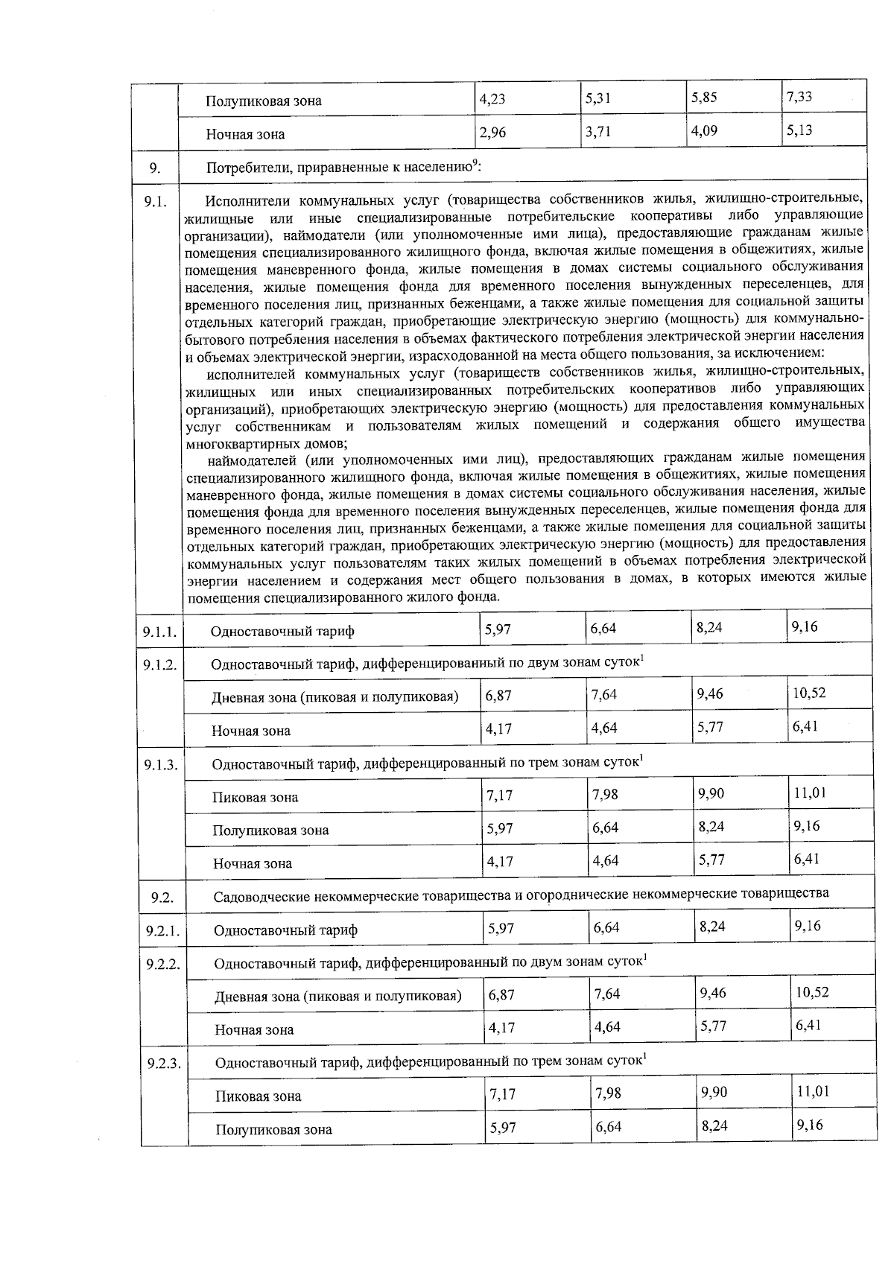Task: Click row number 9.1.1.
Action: tap(159, 632)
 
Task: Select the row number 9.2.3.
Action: tap(164, 1063)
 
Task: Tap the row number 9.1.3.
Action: tap(160, 765)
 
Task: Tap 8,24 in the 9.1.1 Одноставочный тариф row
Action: tap(709, 628)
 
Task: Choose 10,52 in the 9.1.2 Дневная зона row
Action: tap(809, 693)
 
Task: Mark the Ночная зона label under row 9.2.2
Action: tap(254, 1030)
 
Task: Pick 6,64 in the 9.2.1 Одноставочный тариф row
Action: tap(607, 928)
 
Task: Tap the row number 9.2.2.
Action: tap(163, 964)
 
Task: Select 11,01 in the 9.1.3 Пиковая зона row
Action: tap(810, 793)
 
